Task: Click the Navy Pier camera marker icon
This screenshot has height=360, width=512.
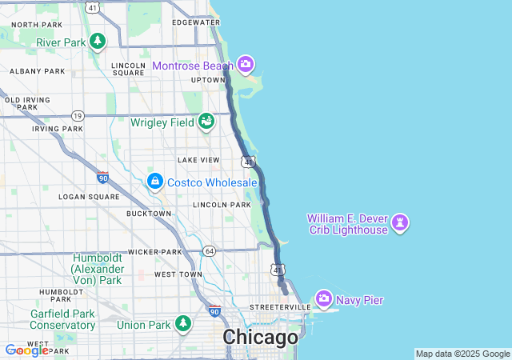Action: pyautogui.click(x=324, y=299)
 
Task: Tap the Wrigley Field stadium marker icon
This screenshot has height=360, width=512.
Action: pyautogui.click(x=206, y=122)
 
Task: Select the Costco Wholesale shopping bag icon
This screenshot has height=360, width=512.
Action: pyautogui.click(x=155, y=182)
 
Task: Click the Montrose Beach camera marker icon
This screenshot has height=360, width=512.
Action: pyautogui.click(x=246, y=64)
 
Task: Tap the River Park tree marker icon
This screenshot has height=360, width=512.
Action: pyautogui.click(x=98, y=41)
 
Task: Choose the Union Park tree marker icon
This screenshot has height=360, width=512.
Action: pyautogui.click(x=184, y=323)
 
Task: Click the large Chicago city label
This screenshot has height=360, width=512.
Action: pyautogui.click(x=260, y=338)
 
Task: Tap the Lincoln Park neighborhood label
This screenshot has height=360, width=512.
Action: pyautogui.click(x=222, y=205)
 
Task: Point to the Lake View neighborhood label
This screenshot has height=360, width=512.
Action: pyautogui.click(x=198, y=160)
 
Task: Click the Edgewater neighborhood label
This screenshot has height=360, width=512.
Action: pyautogui.click(x=195, y=23)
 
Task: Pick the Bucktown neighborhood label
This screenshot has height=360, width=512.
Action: pyautogui.click(x=149, y=214)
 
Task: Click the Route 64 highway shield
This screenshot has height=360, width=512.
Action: pyautogui.click(x=209, y=251)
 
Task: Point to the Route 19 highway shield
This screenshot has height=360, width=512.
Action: pyautogui.click(x=78, y=115)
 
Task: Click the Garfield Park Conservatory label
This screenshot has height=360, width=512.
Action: pyautogui.click(x=62, y=319)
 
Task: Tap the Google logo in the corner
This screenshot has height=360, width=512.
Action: pyautogui.click(x=26, y=350)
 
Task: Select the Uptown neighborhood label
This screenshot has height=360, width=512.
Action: pyautogui.click(x=208, y=80)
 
